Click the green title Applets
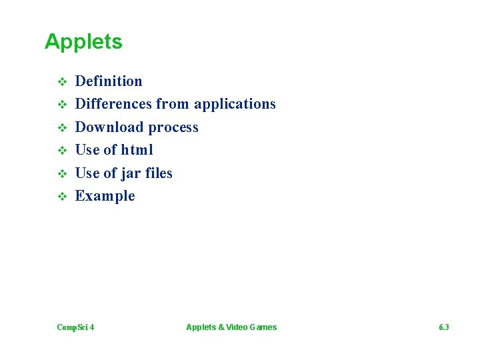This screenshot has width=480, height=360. click(x=83, y=42)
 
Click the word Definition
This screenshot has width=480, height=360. click(x=109, y=81)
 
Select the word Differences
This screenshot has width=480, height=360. click(x=113, y=104)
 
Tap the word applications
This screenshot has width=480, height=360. click(x=235, y=104)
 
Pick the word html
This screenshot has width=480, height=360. click(x=137, y=150)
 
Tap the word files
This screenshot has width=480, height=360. click(x=159, y=173)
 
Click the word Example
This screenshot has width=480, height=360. click(x=105, y=196)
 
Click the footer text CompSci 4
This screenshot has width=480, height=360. click(x=75, y=327)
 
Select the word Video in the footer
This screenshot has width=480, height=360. click(x=236, y=327)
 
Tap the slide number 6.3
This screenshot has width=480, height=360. click(x=444, y=327)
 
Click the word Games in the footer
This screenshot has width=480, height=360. click(x=263, y=327)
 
